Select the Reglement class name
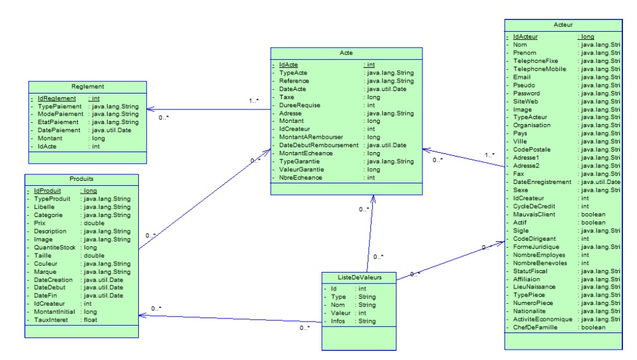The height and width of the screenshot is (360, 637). pyautogui.click(x=86, y=87)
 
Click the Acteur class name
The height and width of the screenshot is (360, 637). pyautogui.click(x=562, y=26)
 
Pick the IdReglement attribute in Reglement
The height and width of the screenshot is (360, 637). pyautogui.click(x=56, y=98)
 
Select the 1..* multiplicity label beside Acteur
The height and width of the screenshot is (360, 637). pyautogui.click(x=490, y=155)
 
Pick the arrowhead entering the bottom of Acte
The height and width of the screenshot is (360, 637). pyautogui.click(x=370, y=198)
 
